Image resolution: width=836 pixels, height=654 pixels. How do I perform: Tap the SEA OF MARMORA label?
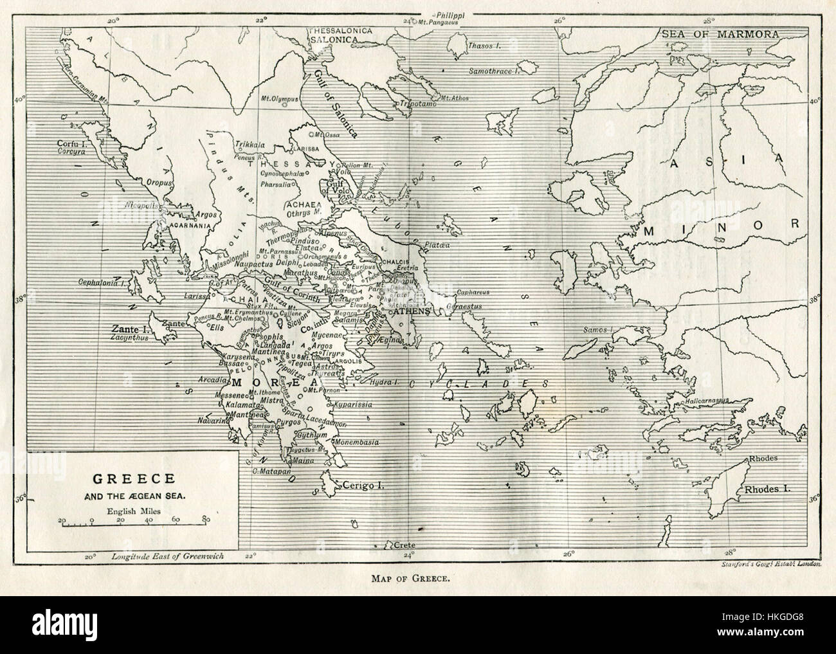[718, 33]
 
